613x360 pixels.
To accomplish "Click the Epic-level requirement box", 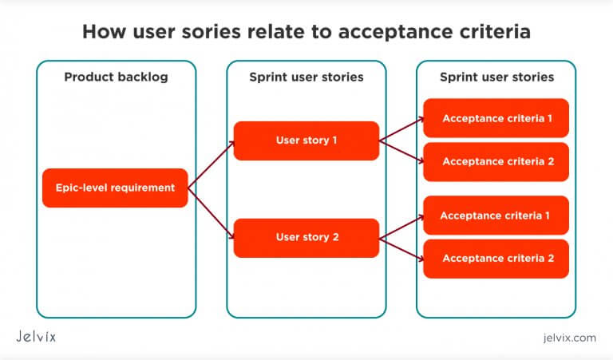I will pos(115,188).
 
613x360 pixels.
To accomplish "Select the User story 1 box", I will pos(306,140).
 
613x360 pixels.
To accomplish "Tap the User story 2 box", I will pos(306,237).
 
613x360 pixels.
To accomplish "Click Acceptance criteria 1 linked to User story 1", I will pos(496,118).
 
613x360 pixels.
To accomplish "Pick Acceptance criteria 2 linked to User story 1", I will pos(496,162).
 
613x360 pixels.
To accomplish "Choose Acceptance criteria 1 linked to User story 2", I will pos(496,216).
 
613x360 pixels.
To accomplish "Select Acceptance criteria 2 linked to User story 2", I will pos(496,258).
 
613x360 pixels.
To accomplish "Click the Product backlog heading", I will pos(116,77).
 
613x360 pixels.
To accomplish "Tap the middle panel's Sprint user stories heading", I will pos(306,77).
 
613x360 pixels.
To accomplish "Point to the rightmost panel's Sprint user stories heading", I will pos(496,77).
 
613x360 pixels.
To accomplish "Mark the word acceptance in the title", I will pos(394,32).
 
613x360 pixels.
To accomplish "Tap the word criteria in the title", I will pos(494,32).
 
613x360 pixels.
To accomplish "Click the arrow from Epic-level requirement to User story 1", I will pos(212,165).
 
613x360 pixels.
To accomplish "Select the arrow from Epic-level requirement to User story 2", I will pos(212,212).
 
